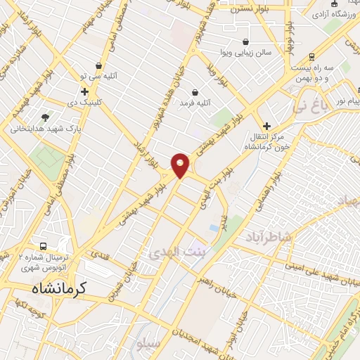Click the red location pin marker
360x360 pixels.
[181, 165]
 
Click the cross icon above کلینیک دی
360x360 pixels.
[85, 91]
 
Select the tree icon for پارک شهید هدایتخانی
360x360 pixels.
[46, 117]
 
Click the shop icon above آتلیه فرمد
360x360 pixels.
[195, 92]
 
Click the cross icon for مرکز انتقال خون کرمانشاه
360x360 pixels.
[266, 126]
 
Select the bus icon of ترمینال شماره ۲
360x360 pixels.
[44, 247]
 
